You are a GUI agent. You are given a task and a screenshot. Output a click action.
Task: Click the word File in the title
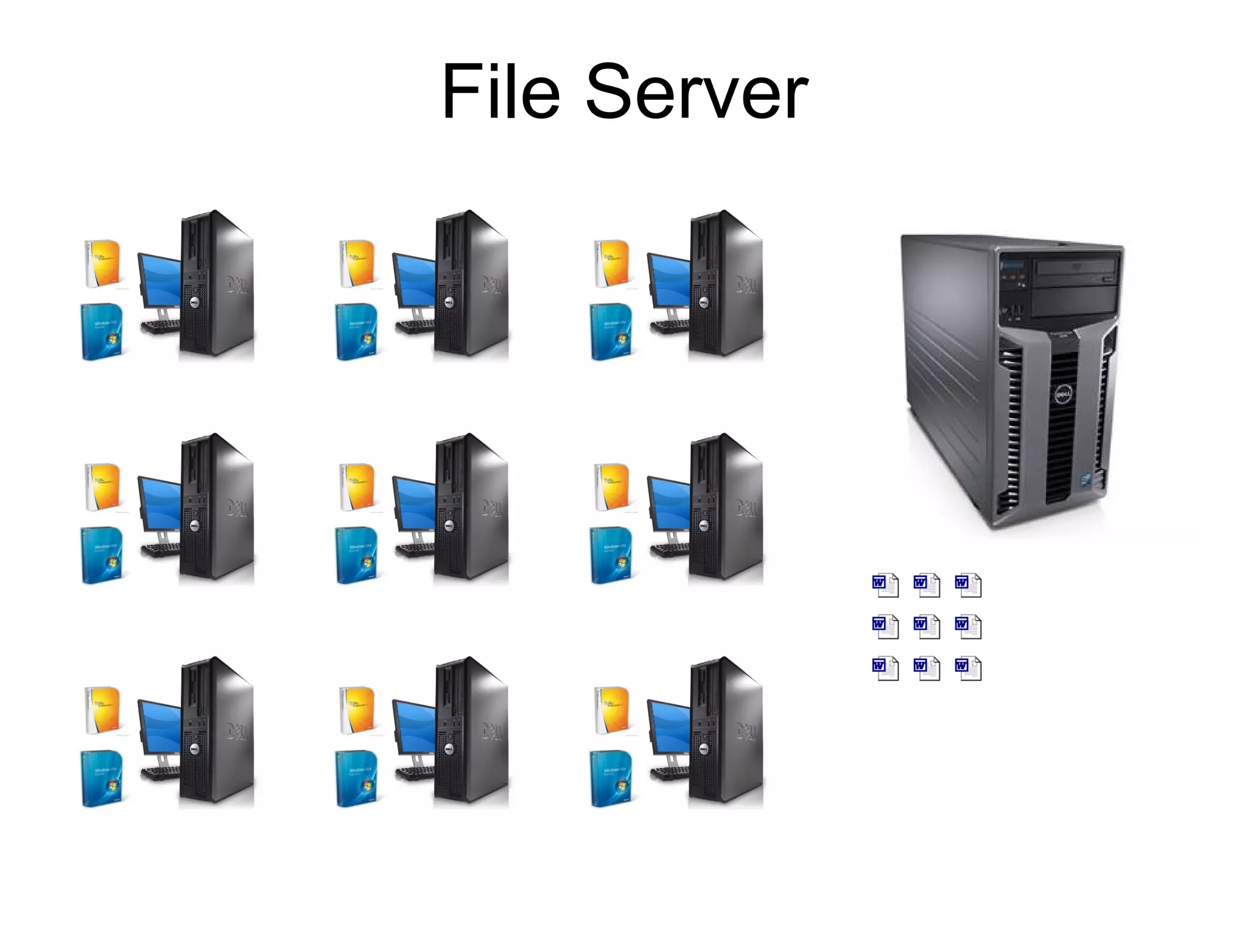point(501,93)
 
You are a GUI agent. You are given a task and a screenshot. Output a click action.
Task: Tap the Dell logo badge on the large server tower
point(1063,396)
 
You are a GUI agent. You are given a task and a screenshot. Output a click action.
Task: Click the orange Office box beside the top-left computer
point(103,263)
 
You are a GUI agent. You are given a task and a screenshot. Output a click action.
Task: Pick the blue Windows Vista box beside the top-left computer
point(102,332)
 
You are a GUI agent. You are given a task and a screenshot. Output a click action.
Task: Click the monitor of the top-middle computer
point(415,280)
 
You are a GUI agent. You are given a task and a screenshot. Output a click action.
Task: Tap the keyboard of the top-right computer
point(669,326)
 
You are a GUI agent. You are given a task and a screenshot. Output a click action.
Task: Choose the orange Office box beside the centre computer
point(357,486)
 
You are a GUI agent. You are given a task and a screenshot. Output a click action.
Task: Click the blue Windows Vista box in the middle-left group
point(102,555)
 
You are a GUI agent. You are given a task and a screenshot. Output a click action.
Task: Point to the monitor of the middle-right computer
point(669,503)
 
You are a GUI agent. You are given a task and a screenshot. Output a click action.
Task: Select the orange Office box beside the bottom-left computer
point(103,710)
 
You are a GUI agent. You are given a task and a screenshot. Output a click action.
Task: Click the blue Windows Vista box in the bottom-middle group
point(356,779)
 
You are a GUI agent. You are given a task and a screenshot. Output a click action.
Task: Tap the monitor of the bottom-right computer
point(669,727)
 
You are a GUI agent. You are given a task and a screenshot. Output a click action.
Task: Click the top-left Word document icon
point(885,585)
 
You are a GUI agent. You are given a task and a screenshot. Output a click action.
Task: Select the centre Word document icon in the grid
point(926,626)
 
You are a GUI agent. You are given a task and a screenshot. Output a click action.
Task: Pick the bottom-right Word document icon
point(968,668)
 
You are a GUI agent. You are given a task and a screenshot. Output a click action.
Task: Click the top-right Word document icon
point(968,585)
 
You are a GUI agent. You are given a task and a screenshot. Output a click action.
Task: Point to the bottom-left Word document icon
point(885,668)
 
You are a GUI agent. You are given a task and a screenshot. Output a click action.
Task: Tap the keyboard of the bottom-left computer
point(160,773)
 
